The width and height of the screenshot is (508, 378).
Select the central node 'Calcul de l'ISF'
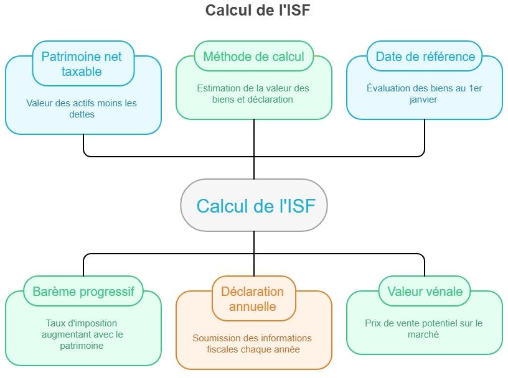point(254,206)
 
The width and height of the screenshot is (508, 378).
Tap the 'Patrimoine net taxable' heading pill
point(83,63)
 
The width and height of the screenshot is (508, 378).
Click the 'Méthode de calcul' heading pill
point(253,57)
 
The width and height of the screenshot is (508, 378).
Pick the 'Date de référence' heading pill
point(425,57)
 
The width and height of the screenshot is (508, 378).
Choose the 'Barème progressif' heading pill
point(83,292)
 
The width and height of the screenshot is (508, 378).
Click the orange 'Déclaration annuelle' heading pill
point(253,299)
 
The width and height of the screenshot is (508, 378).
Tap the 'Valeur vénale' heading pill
point(425,292)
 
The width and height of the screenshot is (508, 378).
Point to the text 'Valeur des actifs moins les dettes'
point(82,109)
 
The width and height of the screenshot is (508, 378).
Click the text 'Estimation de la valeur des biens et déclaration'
point(253,94)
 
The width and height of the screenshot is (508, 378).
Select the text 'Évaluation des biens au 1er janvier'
point(425,94)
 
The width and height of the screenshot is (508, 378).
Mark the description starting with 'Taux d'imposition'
point(82,334)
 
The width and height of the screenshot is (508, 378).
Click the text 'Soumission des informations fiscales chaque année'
point(253,344)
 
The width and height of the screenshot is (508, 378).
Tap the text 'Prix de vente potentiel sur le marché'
point(425,329)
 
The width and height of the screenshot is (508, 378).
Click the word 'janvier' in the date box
point(425,99)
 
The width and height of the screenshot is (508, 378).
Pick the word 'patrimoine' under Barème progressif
point(82,346)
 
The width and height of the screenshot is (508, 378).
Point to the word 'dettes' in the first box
point(82,114)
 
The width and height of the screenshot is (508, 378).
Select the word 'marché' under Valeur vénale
point(425,334)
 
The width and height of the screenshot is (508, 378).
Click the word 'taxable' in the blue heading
point(82,71)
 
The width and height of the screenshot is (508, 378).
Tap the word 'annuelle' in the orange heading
point(253,307)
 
